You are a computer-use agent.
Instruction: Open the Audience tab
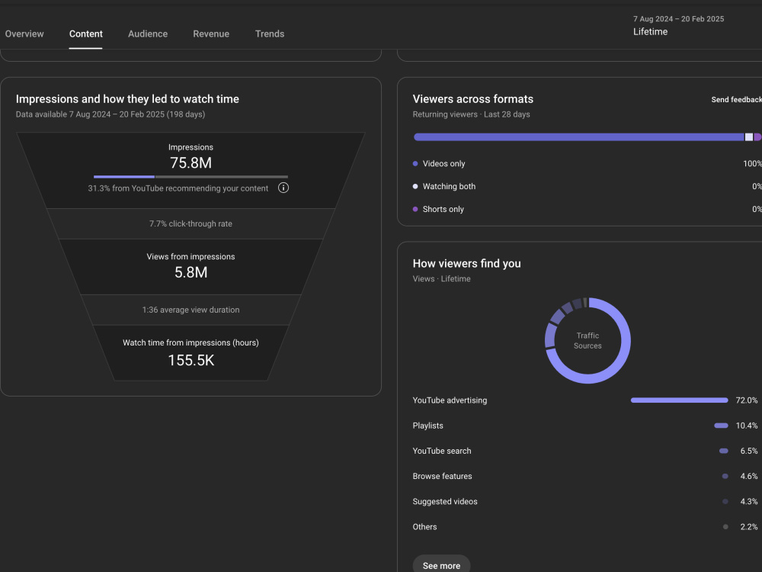148,34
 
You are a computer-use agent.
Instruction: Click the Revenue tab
211,34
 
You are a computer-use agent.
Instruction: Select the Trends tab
270,34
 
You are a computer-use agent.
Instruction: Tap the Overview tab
24,34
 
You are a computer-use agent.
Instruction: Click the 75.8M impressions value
190,163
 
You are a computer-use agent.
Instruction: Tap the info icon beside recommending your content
283,188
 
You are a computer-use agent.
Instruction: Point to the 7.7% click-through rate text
190,223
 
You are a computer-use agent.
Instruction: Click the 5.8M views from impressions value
190,272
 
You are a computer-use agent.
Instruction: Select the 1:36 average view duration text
190,310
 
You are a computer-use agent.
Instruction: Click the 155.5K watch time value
191,361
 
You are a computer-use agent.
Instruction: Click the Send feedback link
736,100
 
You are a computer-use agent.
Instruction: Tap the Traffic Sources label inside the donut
588,340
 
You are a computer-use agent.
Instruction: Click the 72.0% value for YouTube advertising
747,400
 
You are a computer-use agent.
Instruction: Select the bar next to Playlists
721,426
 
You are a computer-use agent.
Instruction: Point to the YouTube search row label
442,451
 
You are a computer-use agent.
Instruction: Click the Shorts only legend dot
415,209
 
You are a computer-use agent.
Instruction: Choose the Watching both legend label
449,186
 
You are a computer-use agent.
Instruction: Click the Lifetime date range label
650,31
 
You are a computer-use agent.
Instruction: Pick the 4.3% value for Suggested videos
749,502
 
